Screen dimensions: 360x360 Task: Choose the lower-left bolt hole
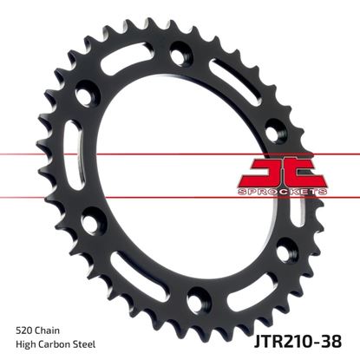[90, 224]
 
